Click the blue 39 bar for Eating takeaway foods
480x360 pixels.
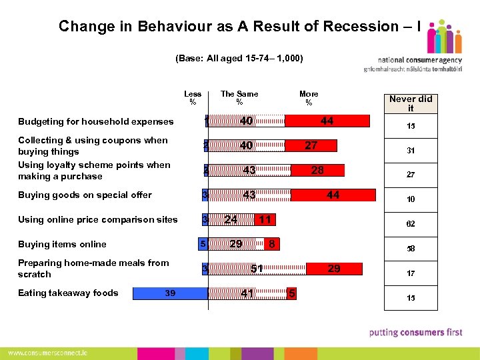(170, 293)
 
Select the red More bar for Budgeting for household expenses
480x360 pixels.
(327, 121)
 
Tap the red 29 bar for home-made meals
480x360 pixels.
(334, 269)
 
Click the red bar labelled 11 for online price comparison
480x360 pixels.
(265, 219)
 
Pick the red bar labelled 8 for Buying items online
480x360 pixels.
(271, 244)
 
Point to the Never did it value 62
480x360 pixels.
(411, 224)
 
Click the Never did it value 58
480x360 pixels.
(411, 249)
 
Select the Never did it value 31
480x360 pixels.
(411, 151)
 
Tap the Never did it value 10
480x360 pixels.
(411, 199)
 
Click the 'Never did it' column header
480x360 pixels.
(411, 103)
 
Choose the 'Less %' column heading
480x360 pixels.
(193, 98)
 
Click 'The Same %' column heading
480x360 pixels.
(239, 98)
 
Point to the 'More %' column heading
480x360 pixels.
(309, 98)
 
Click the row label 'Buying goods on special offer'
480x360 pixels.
(85, 195)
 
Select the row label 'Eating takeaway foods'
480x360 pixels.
(68, 293)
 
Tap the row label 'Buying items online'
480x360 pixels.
(62, 244)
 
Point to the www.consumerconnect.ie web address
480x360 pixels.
(47, 352)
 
